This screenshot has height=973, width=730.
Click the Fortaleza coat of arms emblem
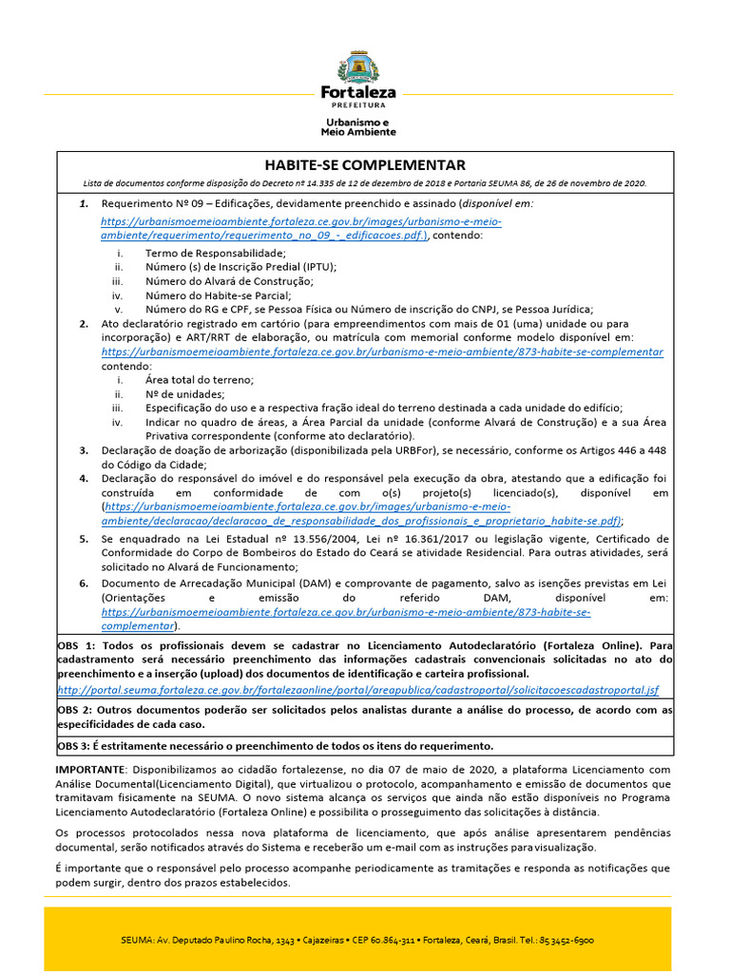pyautogui.click(x=358, y=67)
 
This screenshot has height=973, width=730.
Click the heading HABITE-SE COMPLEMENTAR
pyautogui.click(x=365, y=164)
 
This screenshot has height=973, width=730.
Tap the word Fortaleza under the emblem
pyautogui.click(x=358, y=93)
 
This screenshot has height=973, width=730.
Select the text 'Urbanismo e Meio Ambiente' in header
pyautogui.click(x=358, y=127)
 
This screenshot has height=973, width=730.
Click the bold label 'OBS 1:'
pyautogui.click(x=77, y=645)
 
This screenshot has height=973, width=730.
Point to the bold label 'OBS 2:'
pyautogui.click(x=77, y=710)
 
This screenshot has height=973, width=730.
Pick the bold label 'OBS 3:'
pyautogui.click(x=77, y=746)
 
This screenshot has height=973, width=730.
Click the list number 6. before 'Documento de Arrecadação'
pyautogui.click(x=84, y=582)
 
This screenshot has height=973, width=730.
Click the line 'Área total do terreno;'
pyautogui.click(x=199, y=379)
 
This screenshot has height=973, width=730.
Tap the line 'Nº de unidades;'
pyautogui.click(x=185, y=393)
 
